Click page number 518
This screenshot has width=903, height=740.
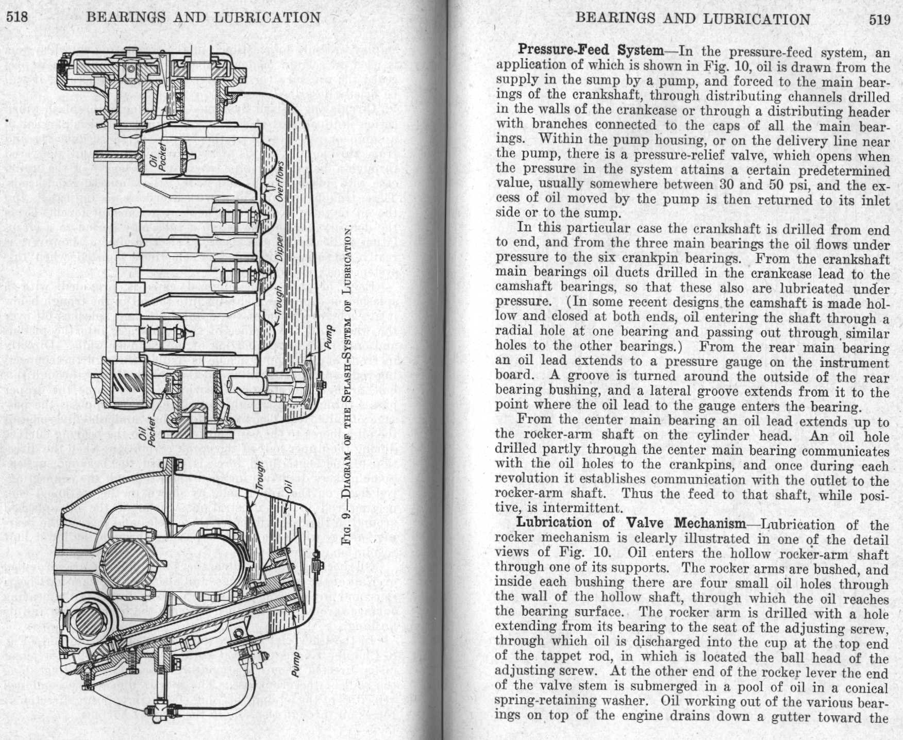click(16, 18)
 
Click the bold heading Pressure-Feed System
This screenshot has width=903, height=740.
click(590, 51)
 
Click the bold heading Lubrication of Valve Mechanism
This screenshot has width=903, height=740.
click(631, 523)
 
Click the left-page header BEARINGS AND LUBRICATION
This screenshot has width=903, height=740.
click(203, 18)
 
